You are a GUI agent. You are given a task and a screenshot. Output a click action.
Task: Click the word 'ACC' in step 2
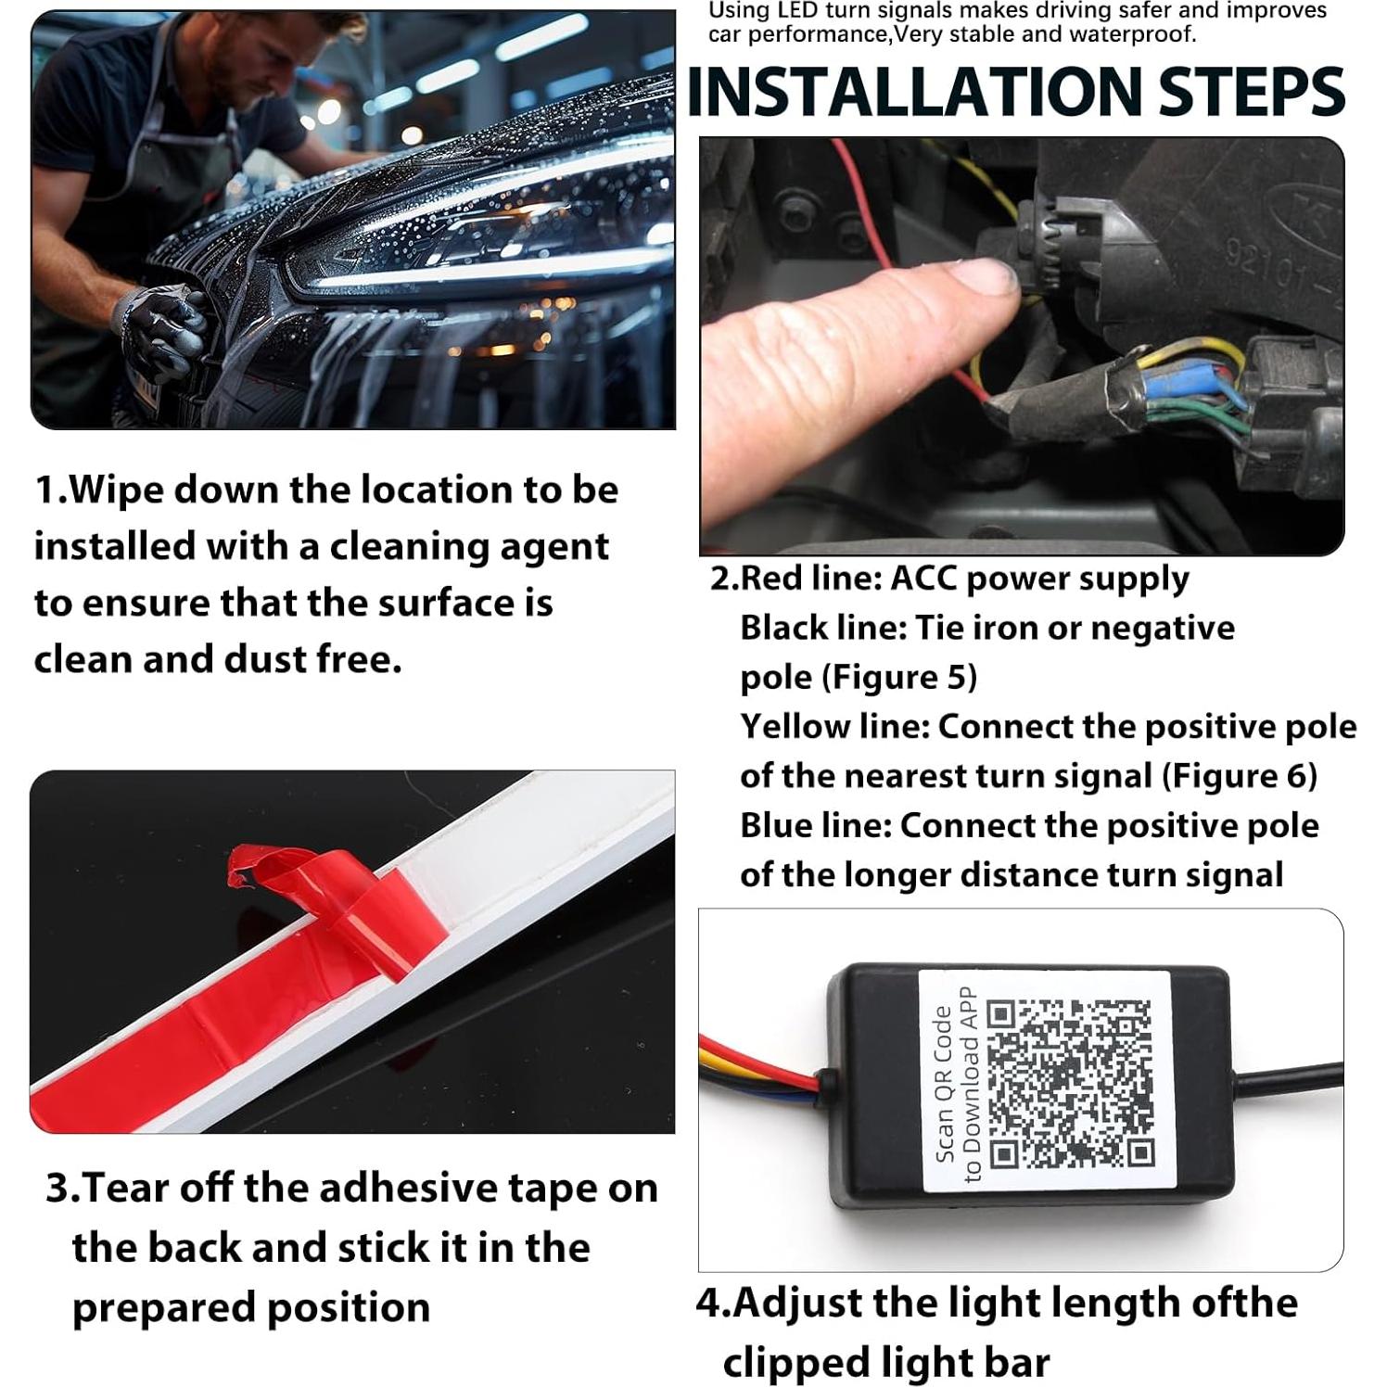(x=923, y=579)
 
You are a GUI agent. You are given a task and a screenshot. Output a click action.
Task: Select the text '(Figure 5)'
(x=899, y=678)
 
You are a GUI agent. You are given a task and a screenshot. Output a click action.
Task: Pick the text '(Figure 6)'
(x=1240, y=776)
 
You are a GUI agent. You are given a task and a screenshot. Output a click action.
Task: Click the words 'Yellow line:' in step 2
(x=834, y=727)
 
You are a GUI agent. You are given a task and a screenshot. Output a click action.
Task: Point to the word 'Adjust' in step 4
(x=797, y=1304)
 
